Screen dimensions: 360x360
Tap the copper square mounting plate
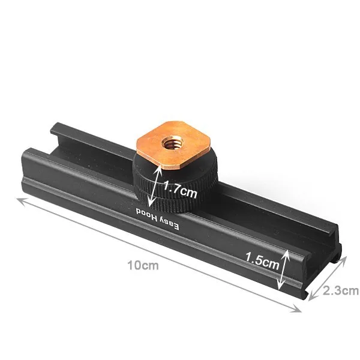pos(173,145)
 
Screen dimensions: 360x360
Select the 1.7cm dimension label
pos(180,189)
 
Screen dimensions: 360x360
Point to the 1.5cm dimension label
pos(262,261)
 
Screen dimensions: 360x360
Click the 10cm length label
pos(143,265)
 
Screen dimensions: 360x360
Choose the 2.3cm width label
pos(341,291)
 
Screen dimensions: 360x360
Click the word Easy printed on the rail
pos(169,223)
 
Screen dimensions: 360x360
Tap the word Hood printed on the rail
pos(147,214)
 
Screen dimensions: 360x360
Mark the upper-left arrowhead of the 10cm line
pos(20,200)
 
